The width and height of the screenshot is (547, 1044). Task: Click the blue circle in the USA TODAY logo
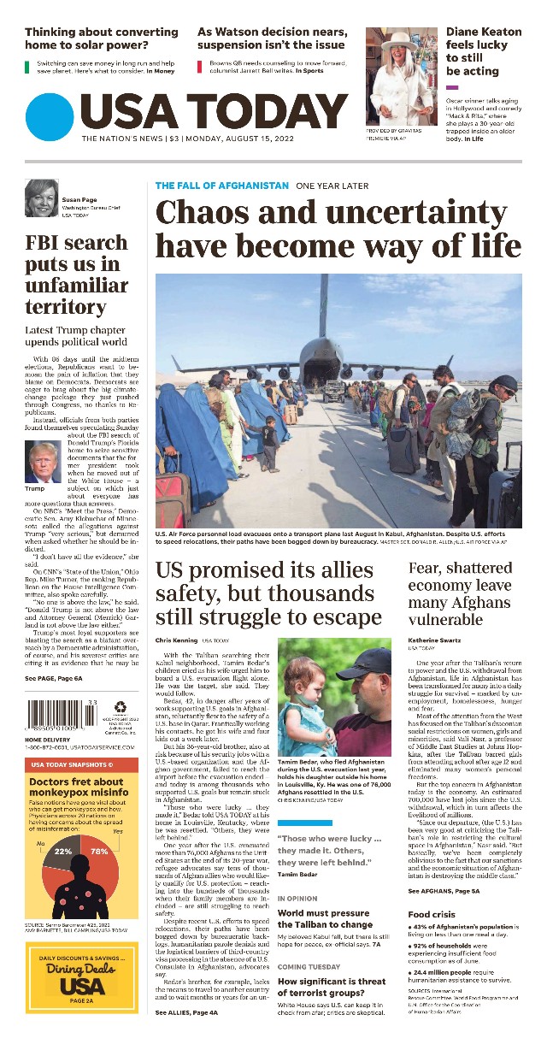tap(50, 117)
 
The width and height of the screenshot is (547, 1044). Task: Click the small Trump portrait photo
tap(43, 463)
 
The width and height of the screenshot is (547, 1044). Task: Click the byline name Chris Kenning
tap(175, 640)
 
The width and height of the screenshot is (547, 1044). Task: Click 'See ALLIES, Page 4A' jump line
tap(186, 1012)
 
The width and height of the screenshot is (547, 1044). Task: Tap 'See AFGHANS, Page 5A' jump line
tap(444, 891)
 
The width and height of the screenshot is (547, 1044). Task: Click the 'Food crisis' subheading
tap(431, 915)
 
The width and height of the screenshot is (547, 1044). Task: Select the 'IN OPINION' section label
tap(297, 899)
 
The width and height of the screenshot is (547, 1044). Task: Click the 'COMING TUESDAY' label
tap(304, 966)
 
